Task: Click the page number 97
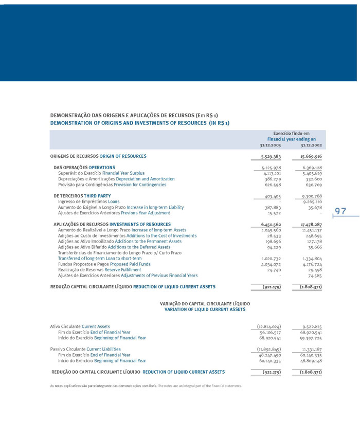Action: click(340, 211)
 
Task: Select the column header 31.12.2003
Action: click(270, 145)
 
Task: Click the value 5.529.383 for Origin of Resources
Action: click(270, 156)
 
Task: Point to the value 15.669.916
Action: click(311, 156)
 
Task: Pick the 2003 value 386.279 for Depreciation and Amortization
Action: click(272, 179)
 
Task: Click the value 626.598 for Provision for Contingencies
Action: click(272, 185)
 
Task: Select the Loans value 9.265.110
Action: click(312, 201)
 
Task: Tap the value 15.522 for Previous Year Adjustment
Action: click(273, 213)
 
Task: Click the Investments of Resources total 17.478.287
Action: click(311, 225)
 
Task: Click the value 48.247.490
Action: click(271, 355)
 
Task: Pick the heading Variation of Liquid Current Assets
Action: click(205, 309)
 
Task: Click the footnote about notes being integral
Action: click(146, 385)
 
